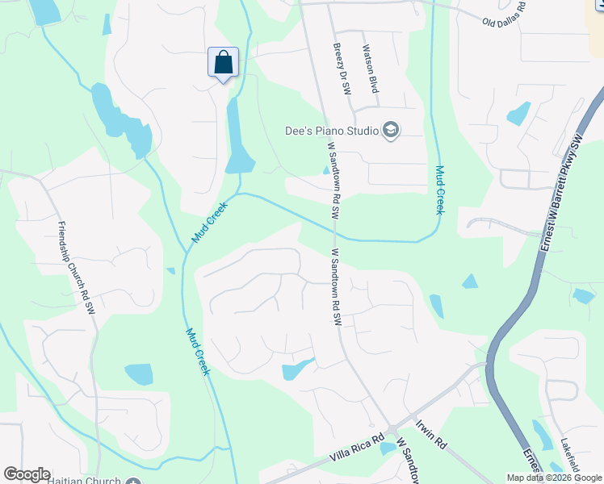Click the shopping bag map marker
tap(224, 62)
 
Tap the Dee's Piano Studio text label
tap(333, 130)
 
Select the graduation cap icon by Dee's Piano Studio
tap(391, 130)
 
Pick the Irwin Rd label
tap(431, 433)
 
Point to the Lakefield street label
tap(571, 457)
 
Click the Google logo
tap(27, 474)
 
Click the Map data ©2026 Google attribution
tap(554, 478)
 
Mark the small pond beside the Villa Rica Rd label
tap(388, 449)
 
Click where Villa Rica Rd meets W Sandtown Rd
tap(390, 429)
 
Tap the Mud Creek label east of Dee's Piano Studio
tap(440, 190)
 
